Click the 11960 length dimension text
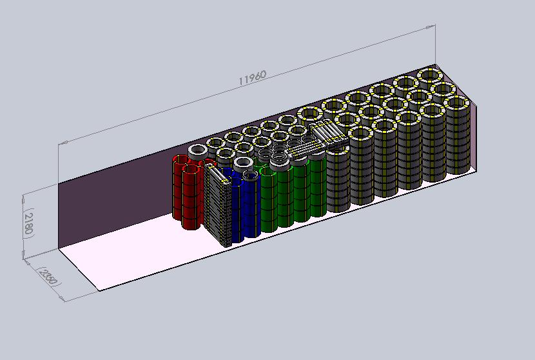pyautogui.click(x=252, y=78)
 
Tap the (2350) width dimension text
pyautogui.click(x=49, y=276)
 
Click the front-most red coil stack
pyautogui.click(x=191, y=197)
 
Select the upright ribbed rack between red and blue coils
pyautogui.click(x=218, y=205)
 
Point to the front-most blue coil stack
pyautogui.click(x=251, y=208)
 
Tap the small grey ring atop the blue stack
pyautogui.click(x=251, y=176)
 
